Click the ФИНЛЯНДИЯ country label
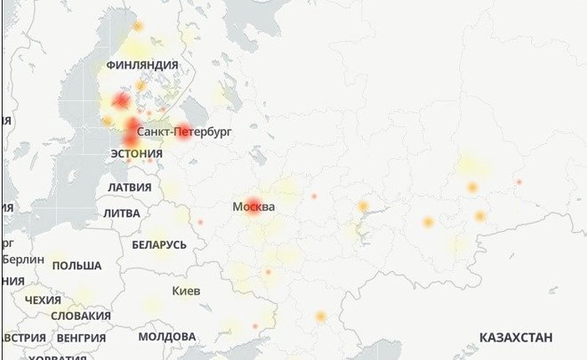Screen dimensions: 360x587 coord(141,65)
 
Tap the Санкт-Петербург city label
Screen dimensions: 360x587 coord(184,132)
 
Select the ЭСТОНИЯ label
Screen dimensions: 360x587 coord(136,154)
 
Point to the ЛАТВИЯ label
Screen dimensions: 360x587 coord(129,188)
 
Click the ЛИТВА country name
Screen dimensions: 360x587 coord(121,213)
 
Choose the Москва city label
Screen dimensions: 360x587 coord(253,207)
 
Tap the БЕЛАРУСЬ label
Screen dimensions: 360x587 coord(159,244)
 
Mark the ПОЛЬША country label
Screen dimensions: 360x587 coord(76,266)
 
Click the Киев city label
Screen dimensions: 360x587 coord(186,292)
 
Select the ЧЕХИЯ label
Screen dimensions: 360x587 coord(43,300)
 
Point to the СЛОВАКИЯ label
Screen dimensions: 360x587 coord(81,316)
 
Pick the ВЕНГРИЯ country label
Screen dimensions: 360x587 coord(82,339)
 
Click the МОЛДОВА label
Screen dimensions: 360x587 coord(167,338)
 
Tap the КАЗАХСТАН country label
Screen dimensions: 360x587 coord(516,338)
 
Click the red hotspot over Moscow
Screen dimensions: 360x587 coord(253,204)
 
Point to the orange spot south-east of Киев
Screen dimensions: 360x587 coord(321,316)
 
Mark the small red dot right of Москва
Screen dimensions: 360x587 coord(314,196)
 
